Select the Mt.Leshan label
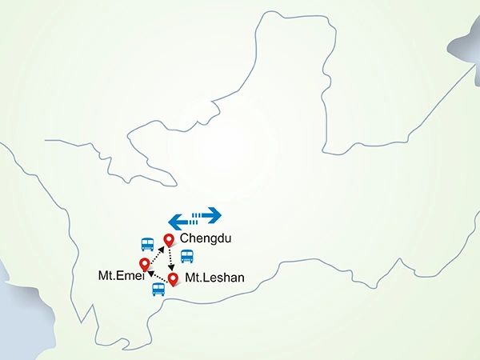click(x=214, y=278)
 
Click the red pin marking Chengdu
click(x=168, y=239)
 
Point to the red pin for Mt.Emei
click(x=145, y=263)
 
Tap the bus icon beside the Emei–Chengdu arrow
click(x=148, y=244)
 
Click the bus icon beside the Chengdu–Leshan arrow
click(x=187, y=256)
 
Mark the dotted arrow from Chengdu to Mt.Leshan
click(x=171, y=259)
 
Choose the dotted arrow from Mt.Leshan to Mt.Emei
click(x=158, y=275)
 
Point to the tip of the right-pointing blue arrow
click(x=221, y=214)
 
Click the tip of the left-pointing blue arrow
click(x=167, y=221)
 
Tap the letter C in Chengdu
click(x=185, y=238)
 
